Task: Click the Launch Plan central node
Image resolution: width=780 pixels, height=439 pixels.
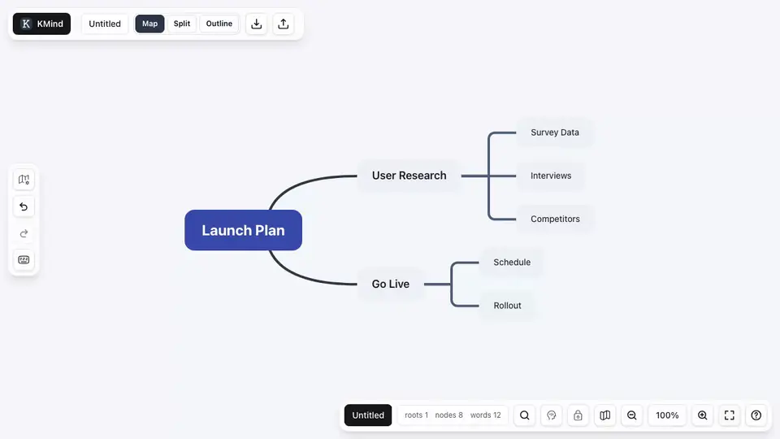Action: click(243, 230)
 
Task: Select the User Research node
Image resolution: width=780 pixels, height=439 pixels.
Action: click(409, 176)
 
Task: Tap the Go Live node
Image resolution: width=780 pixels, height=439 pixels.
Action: click(391, 284)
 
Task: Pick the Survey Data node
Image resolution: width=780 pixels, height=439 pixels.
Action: click(555, 133)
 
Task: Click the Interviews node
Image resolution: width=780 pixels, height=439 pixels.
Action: click(551, 176)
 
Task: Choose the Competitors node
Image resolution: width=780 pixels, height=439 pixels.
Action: click(555, 219)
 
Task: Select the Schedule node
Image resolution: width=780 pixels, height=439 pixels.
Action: click(512, 263)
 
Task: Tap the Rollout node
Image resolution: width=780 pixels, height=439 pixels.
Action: click(507, 306)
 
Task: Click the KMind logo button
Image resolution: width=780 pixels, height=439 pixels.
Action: click(41, 24)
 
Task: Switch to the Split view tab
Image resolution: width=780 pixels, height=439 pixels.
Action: click(181, 24)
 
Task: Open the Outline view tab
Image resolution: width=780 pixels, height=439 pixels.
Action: click(219, 24)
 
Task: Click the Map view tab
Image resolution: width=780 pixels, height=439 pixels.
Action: click(149, 24)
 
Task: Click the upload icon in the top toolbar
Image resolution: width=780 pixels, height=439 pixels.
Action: click(283, 24)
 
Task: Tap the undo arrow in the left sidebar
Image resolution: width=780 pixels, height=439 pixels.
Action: click(24, 206)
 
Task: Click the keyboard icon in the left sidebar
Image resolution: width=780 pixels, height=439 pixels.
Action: click(24, 260)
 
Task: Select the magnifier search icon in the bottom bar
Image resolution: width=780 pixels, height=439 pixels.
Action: click(524, 415)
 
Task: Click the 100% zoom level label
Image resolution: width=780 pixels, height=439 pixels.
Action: click(667, 415)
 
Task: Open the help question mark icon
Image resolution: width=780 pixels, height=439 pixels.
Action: click(756, 415)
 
